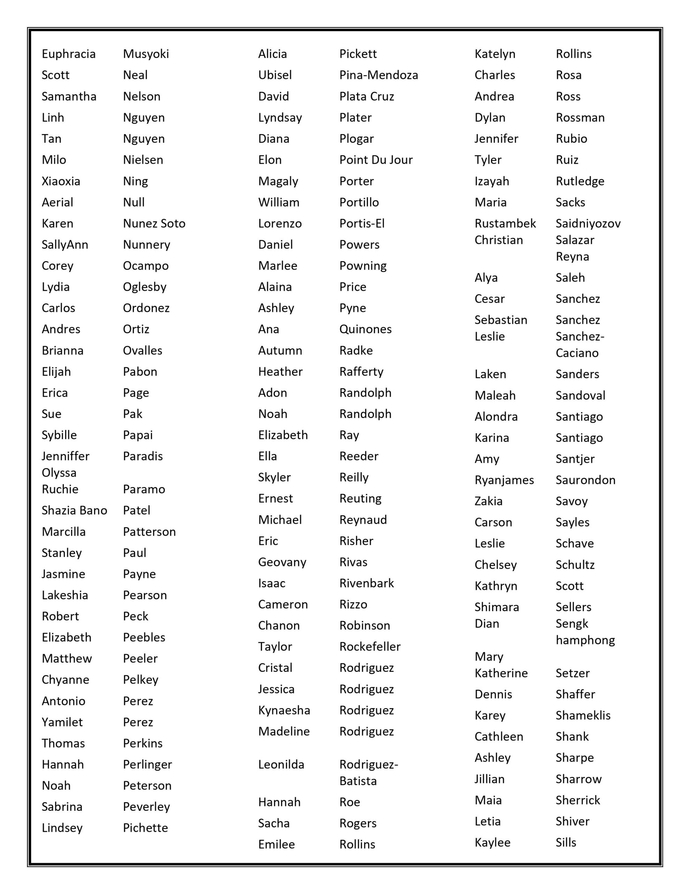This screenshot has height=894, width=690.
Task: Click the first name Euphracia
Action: point(68,54)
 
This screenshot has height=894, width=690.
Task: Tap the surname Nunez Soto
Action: point(154,223)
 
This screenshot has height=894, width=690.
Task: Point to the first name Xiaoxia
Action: point(61,181)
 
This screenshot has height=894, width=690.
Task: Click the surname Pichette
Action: point(145,828)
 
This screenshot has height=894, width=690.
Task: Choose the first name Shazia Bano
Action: point(74,510)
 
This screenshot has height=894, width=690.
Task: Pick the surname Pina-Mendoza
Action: point(378,75)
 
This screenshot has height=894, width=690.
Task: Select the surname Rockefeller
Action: point(370,646)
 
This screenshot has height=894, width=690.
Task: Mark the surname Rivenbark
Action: point(367,583)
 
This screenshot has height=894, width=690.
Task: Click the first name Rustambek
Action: point(505,223)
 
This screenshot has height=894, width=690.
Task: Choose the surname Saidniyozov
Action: point(588,223)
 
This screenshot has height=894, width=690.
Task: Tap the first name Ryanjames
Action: point(504,480)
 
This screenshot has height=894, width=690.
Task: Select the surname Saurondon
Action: point(585,480)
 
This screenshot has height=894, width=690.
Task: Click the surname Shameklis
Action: point(583,715)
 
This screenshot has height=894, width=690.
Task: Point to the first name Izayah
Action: point(492,181)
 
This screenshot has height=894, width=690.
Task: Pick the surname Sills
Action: point(566,842)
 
